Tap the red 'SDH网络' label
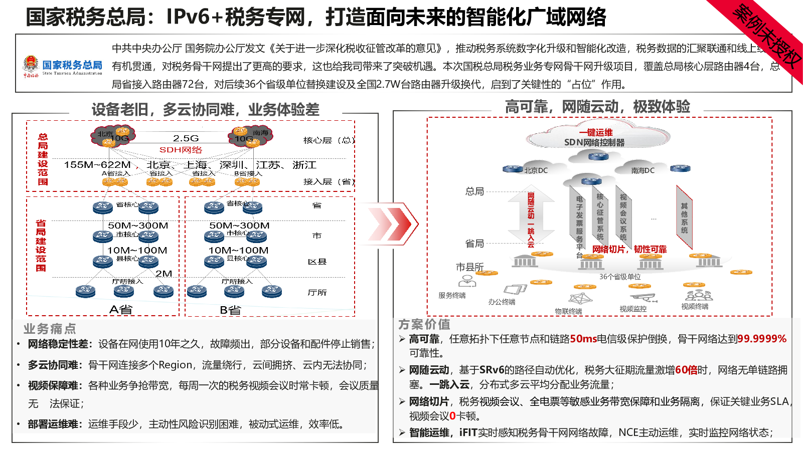click(x=181, y=150)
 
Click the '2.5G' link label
click(x=186, y=138)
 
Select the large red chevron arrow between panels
click(x=390, y=223)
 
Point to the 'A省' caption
click(x=120, y=310)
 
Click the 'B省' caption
click(x=230, y=310)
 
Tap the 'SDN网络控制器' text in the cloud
click(x=594, y=142)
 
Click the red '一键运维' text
click(x=596, y=132)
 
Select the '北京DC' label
click(x=536, y=170)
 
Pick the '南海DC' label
click(x=643, y=170)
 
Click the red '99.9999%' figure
click(x=762, y=339)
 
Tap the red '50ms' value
click(x=583, y=339)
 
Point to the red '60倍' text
click(x=686, y=370)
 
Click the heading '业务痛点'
click(x=50, y=329)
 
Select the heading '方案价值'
click(x=424, y=324)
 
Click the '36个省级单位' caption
click(x=620, y=277)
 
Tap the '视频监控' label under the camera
click(x=633, y=309)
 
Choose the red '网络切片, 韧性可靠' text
click(x=629, y=249)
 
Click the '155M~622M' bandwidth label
click(x=97, y=165)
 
